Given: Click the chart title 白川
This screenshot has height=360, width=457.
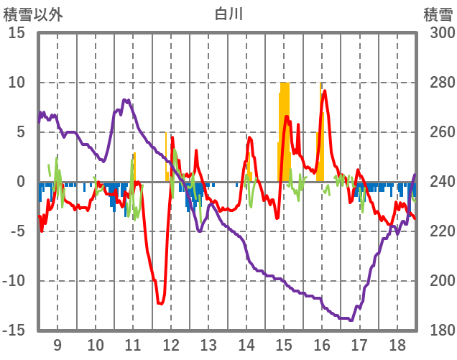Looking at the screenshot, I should (x=228, y=14).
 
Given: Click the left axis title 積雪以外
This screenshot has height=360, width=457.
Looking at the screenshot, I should (x=34, y=14).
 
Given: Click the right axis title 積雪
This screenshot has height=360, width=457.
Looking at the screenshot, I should (x=437, y=14).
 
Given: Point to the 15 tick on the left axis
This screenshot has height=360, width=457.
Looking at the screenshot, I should (x=17, y=33).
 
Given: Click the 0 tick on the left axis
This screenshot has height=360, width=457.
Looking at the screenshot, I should (x=21, y=182).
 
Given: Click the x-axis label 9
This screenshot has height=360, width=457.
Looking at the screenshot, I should (x=57, y=345).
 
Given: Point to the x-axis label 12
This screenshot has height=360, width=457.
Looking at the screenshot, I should (x=170, y=345).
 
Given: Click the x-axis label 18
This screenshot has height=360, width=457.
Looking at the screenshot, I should (x=396, y=345).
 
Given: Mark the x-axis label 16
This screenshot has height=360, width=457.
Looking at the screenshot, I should (x=321, y=345).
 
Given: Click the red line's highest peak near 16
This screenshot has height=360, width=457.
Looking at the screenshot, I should (x=325, y=91).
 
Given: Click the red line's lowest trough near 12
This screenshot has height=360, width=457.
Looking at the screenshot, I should (x=160, y=304).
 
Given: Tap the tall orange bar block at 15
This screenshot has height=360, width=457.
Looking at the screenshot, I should (x=285, y=129).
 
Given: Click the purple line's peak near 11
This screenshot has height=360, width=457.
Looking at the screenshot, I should (x=126, y=101).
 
